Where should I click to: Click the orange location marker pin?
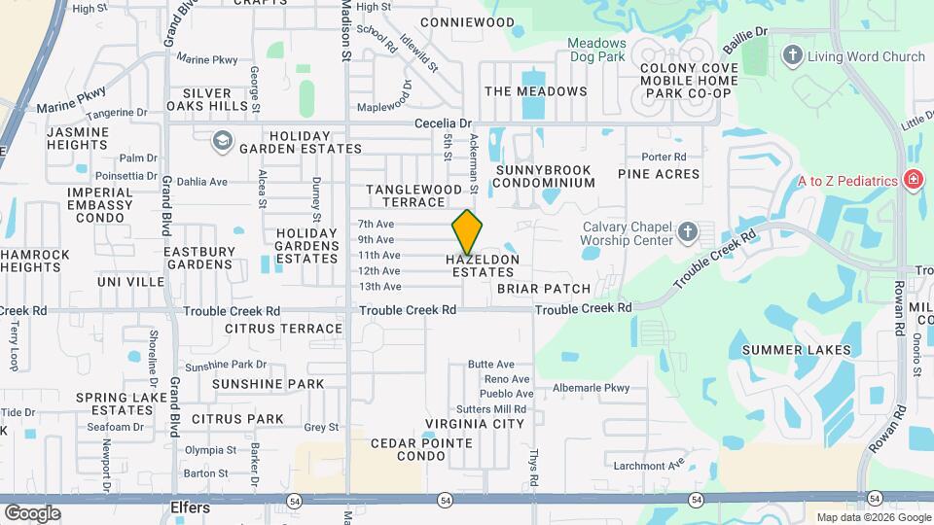pyautogui.click(x=468, y=232)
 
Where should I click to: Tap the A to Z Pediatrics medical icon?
pyautogui.click(x=913, y=180)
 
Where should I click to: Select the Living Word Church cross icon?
pyautogui.click(x=793, y=56)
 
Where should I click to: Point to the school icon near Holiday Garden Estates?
pyautogui.click(x=223, y=142)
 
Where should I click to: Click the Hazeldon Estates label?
pyautogui.click(x=483, y=265)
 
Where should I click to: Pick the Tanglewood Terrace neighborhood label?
pyautogui.click(x=413, y=195)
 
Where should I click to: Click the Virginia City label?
pyautogui.click(x=475, y=423)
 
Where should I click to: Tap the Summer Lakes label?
pyautogui.click(x=796, y=350)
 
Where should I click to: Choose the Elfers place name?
pyautogui.click(x=190, y=507)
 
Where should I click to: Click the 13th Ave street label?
pyautogui.click(x=379, y=287)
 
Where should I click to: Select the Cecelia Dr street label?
pyautogui.click(x=443, y=123)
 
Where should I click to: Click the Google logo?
pyautogui.click(x=32, y=512)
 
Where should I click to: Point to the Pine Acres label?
pyautogui.click(x=659, y=174)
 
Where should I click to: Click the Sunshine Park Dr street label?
pyautogui.click(x=226, y=366)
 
